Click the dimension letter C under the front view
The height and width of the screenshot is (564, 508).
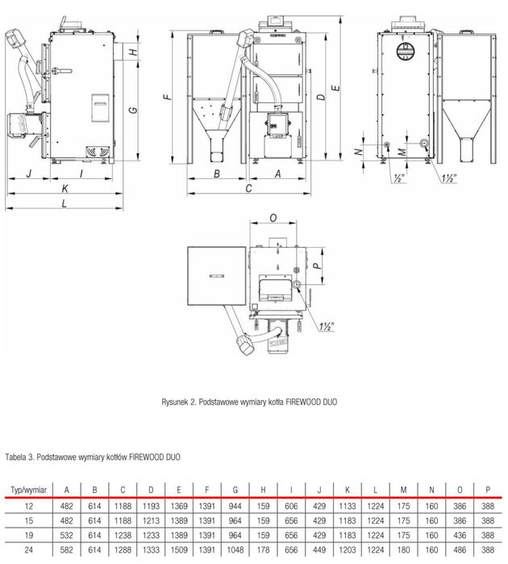click(x=249, y=188)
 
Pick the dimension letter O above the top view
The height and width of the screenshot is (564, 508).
click(x=273, y=218)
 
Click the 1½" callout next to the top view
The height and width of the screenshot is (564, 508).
click(x=327, y=327)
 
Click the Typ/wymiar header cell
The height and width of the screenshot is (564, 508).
click(x=27, y=489)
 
